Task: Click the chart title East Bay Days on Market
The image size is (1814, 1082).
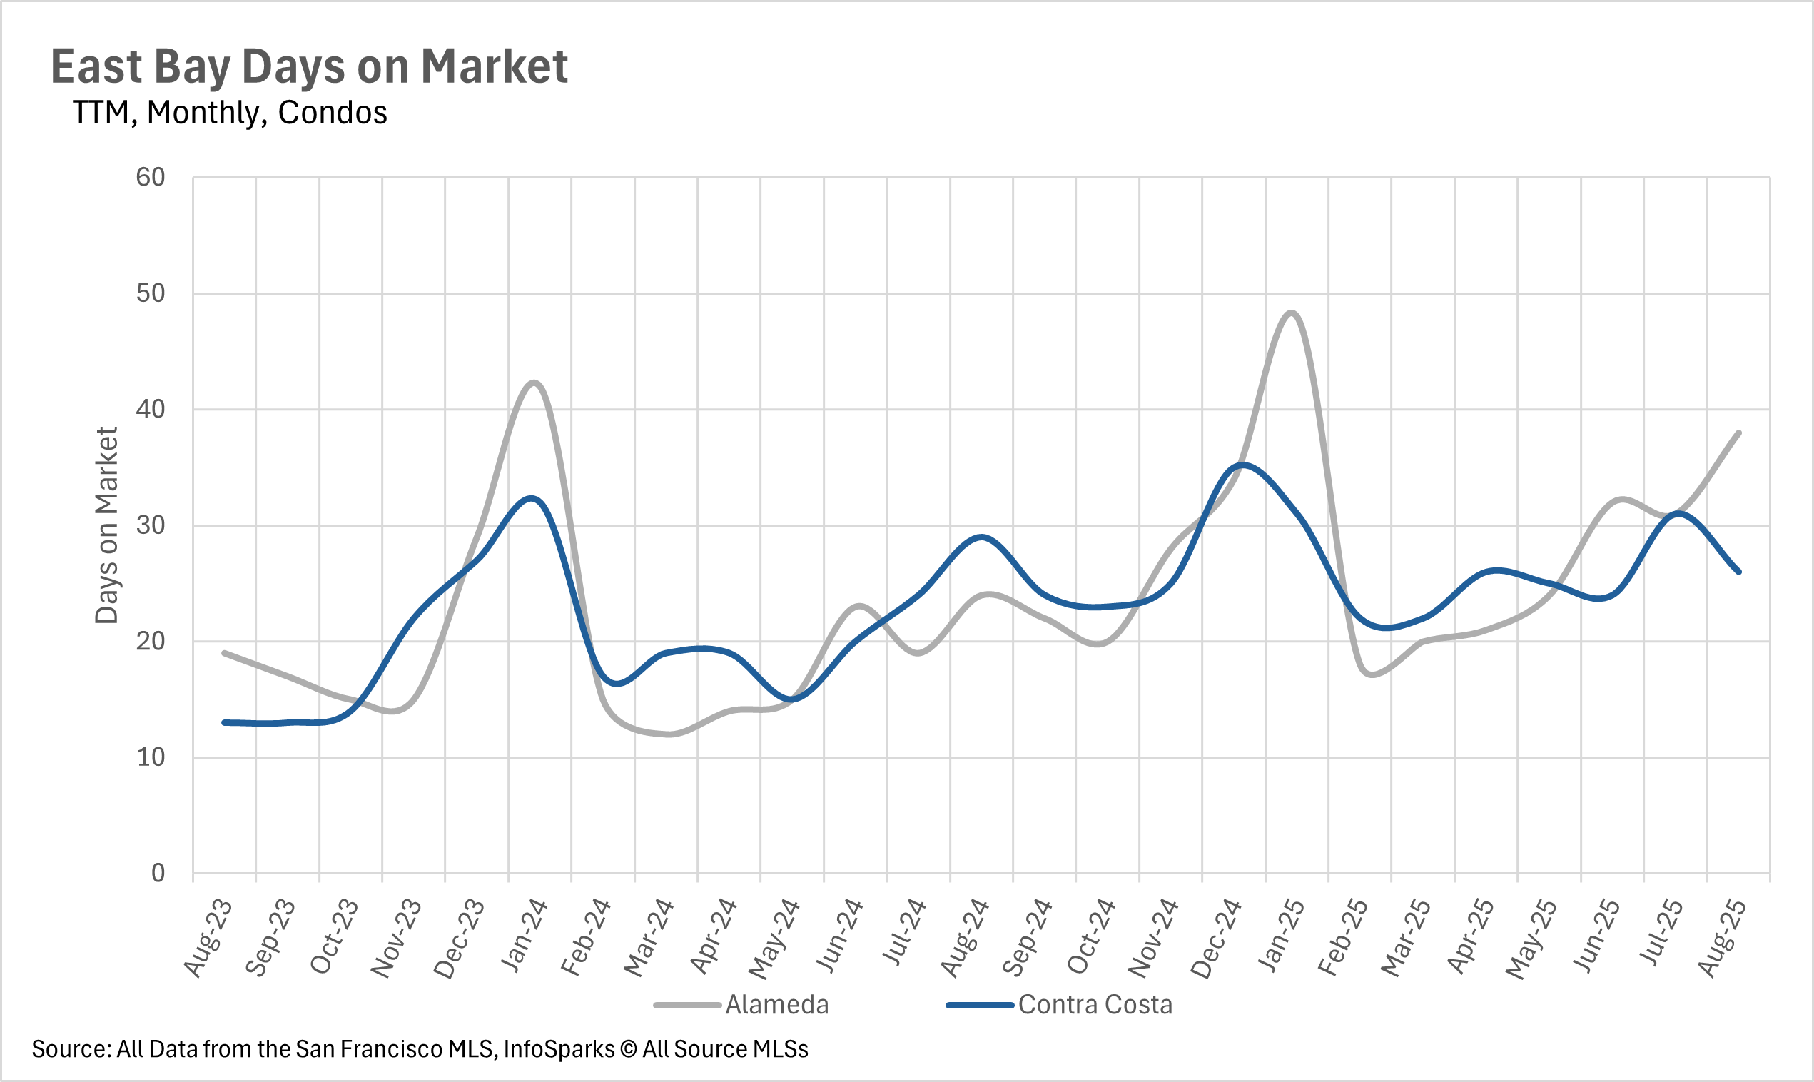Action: pyautogui.click(x=309, y=67)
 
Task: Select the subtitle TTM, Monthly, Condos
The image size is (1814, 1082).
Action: pyautogui.click(x=230, y=113)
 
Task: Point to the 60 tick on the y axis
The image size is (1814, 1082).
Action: pyautogui.click(x=151, y=177)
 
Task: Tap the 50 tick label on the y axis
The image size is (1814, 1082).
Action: pyautogui.click(x=151, y=293)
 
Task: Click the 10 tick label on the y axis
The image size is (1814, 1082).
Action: pyautogui.click(x=151, y=757)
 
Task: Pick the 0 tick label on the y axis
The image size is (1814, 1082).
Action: pyautogui.click(x=158, y=874)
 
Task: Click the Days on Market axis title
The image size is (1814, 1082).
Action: pyautogui.click(x=106, y=525)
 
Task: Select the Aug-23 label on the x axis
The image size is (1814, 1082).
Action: pyautogui.click(x=208, y=938)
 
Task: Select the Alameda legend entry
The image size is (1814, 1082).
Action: pyautogui.click(x=777, y=1006)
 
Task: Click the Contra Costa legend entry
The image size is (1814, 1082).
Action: pyautogui.click(x=1095, y=1006)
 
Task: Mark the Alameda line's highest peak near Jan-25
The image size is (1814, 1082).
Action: pyautogui.click(x=1292, y=313)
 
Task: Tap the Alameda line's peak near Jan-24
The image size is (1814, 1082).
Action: pyautogui.click(x=534, y=383)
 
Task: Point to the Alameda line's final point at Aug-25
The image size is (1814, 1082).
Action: pyautogui.click(x=1739, y=433)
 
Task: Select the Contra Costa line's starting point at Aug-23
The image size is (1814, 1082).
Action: pyautogui.click(x=225, y=722)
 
